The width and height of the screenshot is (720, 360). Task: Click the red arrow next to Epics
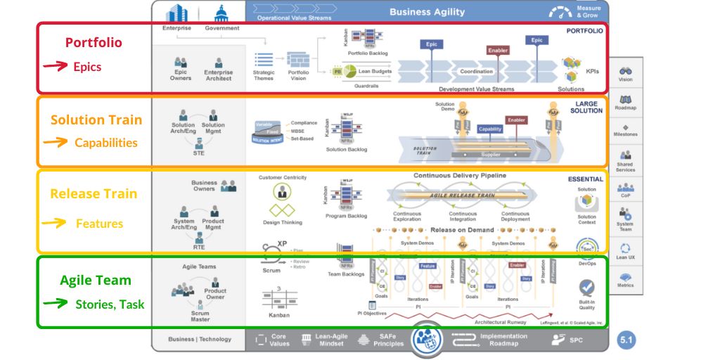coord(54,67)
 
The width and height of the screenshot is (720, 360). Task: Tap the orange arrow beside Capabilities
coord(54,142)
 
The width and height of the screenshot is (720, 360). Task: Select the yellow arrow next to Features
coord(54,223)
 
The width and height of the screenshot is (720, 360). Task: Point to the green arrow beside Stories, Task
coord(54,304)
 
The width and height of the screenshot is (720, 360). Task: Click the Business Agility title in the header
coord(427,11)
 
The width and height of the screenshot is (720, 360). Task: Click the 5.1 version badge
coord(626,340)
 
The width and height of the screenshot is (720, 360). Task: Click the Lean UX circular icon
coord(625,248)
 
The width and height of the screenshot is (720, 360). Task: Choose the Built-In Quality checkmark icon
coord(586,287)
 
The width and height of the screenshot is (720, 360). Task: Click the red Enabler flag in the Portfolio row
coord(498,51)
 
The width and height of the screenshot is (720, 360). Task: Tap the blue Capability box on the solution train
coord(490,129)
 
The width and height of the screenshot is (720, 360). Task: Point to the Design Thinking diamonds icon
coord(282,210)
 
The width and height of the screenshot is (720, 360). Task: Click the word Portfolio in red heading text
coord(94,42)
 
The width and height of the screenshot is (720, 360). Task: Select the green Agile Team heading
coord(95,280)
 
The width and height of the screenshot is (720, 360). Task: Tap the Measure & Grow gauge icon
coord(560,12)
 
